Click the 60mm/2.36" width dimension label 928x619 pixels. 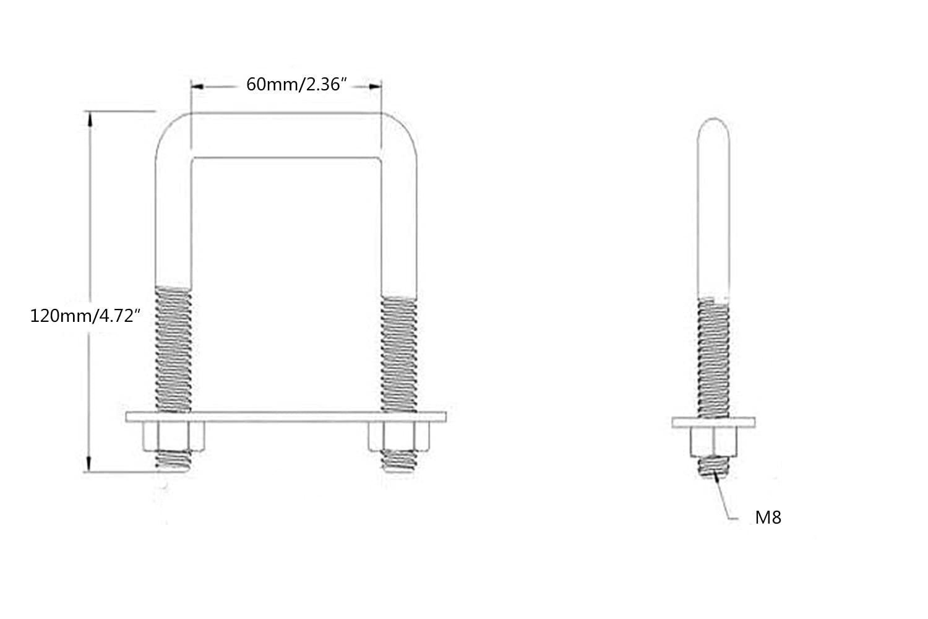pos(296,85)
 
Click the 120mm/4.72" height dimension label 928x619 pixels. pos(85,316)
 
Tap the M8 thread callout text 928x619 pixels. pos(768,517)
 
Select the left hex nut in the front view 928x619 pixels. pos(173,436)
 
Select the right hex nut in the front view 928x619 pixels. pos(399,436)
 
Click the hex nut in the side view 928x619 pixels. pos(713,443)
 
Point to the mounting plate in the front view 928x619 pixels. pos(286,417)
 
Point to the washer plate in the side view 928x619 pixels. pos(713,423)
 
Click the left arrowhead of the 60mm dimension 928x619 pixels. pos(197,87)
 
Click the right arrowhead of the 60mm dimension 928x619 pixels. pos(375,87)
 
